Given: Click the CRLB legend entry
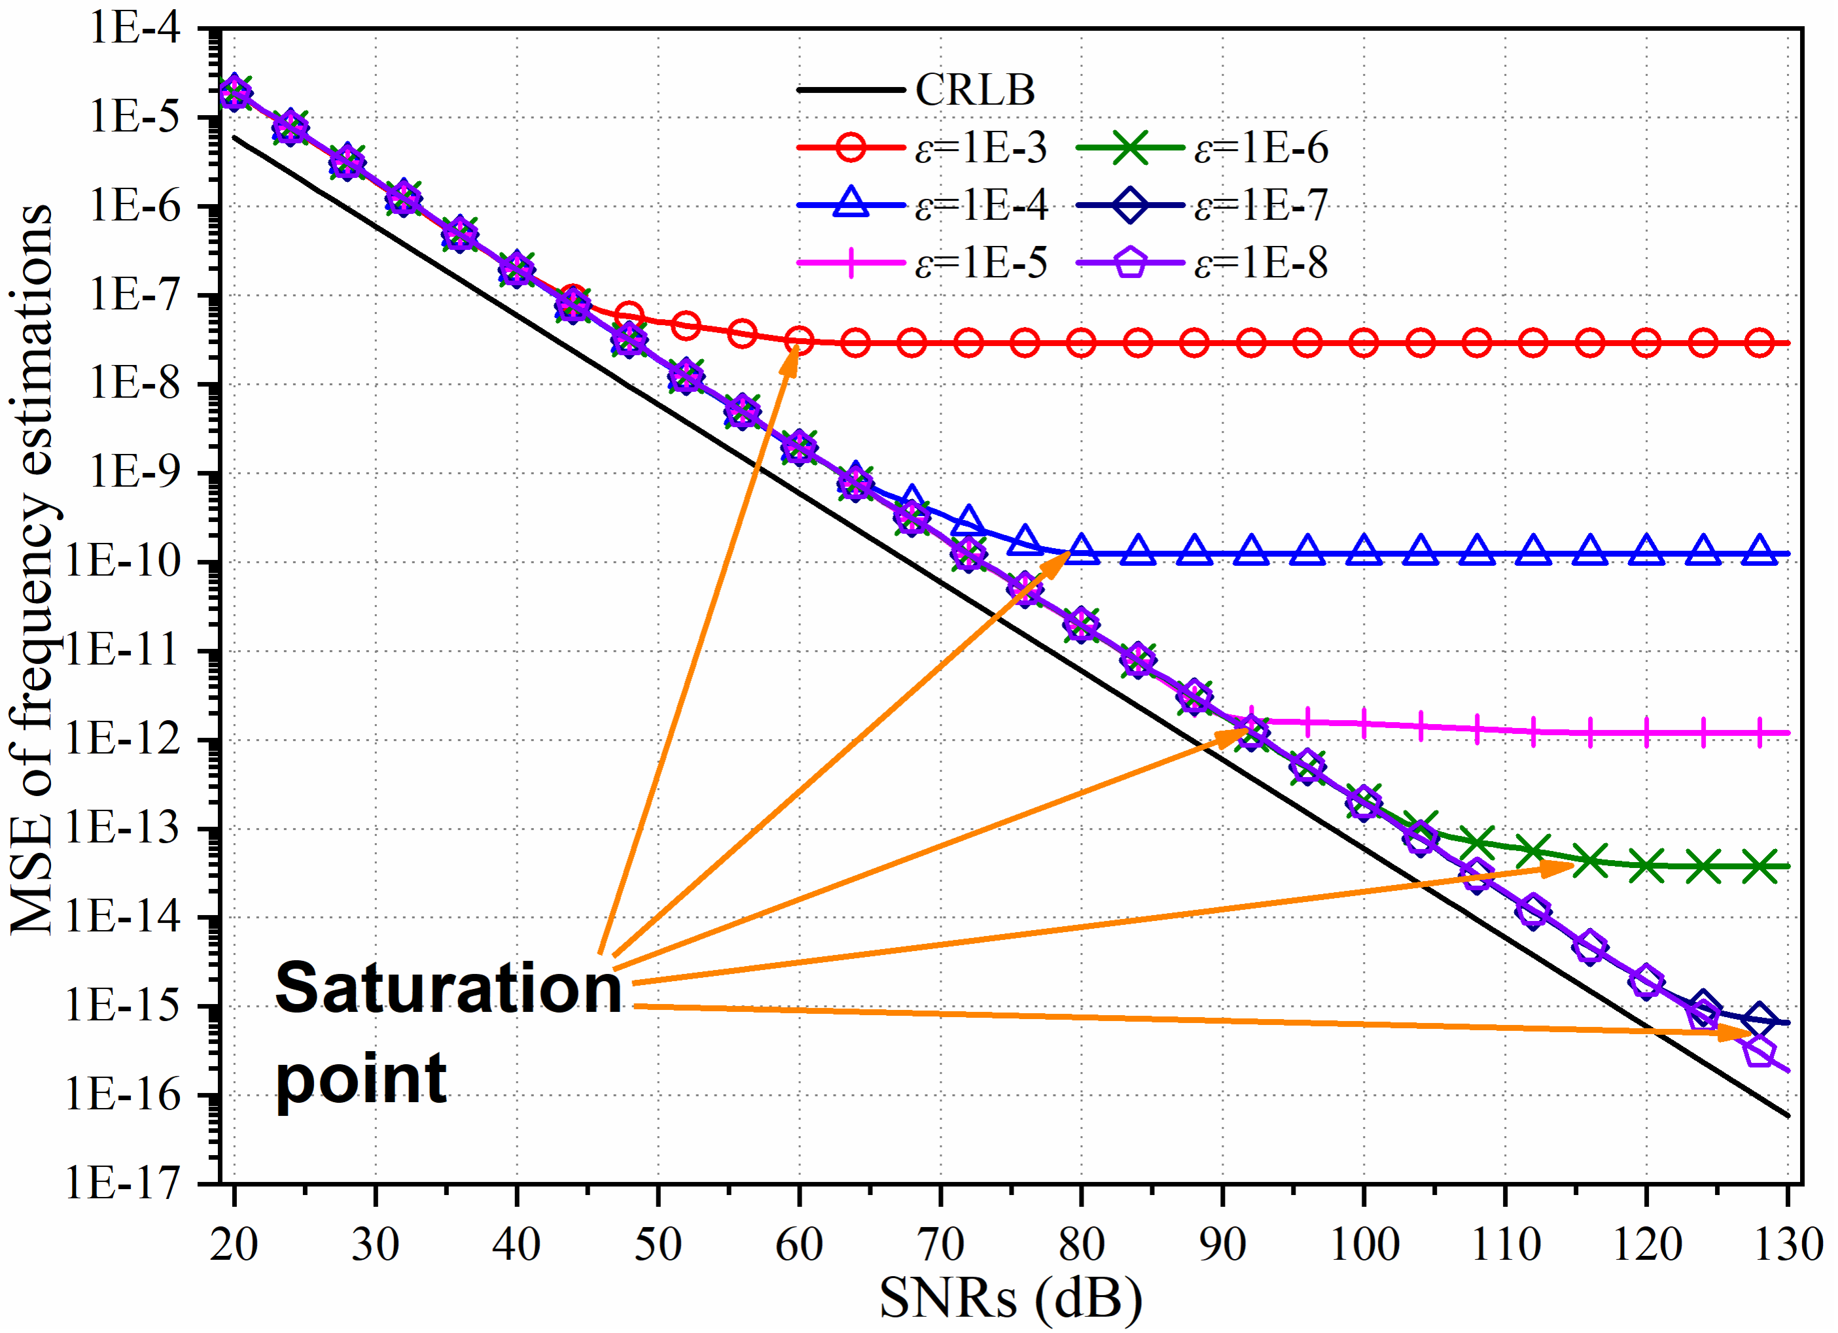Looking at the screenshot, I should (x=974, y=90).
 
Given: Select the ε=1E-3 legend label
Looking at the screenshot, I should (x=981, y=148).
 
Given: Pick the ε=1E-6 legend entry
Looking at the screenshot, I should (x=1261, y=148).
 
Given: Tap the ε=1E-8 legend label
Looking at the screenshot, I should (x=1261, y=262).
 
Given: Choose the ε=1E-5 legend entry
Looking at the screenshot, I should (x=981, y=262).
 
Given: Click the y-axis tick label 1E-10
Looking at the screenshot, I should (x=122, y=562).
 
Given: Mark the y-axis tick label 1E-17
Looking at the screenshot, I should (x=122, y=1184).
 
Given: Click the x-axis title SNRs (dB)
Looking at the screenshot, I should (x=1010, y=1298).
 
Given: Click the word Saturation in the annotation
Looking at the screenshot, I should (x=448, y=988).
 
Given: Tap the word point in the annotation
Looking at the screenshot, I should (x=361, y=1078).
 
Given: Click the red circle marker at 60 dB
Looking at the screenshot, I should (x=799, y=340).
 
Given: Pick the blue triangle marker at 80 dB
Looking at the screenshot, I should (x=1082, y=551).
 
